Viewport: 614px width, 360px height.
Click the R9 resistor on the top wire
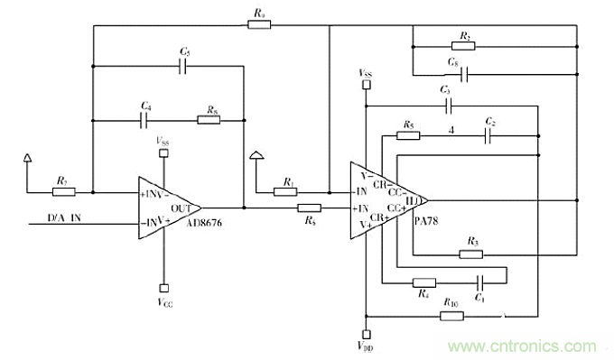[258, 25]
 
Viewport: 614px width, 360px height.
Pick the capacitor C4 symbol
[145, 118]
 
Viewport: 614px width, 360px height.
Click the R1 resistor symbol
[286, 191]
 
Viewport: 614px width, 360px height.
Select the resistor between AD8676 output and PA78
[311, 208]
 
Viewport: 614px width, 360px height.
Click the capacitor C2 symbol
[488, 135]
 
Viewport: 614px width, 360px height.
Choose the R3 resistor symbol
[470, 254]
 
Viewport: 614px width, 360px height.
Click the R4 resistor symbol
[423, 282]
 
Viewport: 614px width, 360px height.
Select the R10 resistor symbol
[451, 316]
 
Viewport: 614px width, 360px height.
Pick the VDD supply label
[365, 345]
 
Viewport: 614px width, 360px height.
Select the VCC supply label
[163, 300]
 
